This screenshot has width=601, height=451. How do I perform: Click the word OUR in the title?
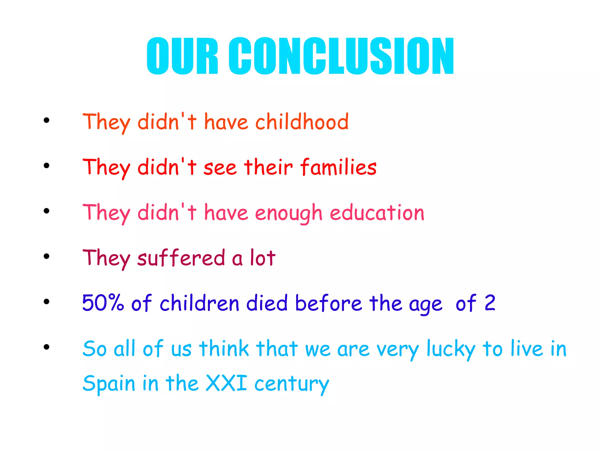[x=182, y=56]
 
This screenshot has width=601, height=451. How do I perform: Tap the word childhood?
[x=302, y=122]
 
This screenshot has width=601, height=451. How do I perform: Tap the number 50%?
[x=103, y=303]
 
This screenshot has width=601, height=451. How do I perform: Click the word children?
[x=200, y=303]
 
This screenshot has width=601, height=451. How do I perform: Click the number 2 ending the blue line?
[x=490, y=303]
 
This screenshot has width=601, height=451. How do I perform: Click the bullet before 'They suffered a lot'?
[x=46, y=256]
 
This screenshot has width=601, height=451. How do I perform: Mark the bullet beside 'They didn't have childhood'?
[x=46, y=120]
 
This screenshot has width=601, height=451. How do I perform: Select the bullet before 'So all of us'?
[x=46, y=347]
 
